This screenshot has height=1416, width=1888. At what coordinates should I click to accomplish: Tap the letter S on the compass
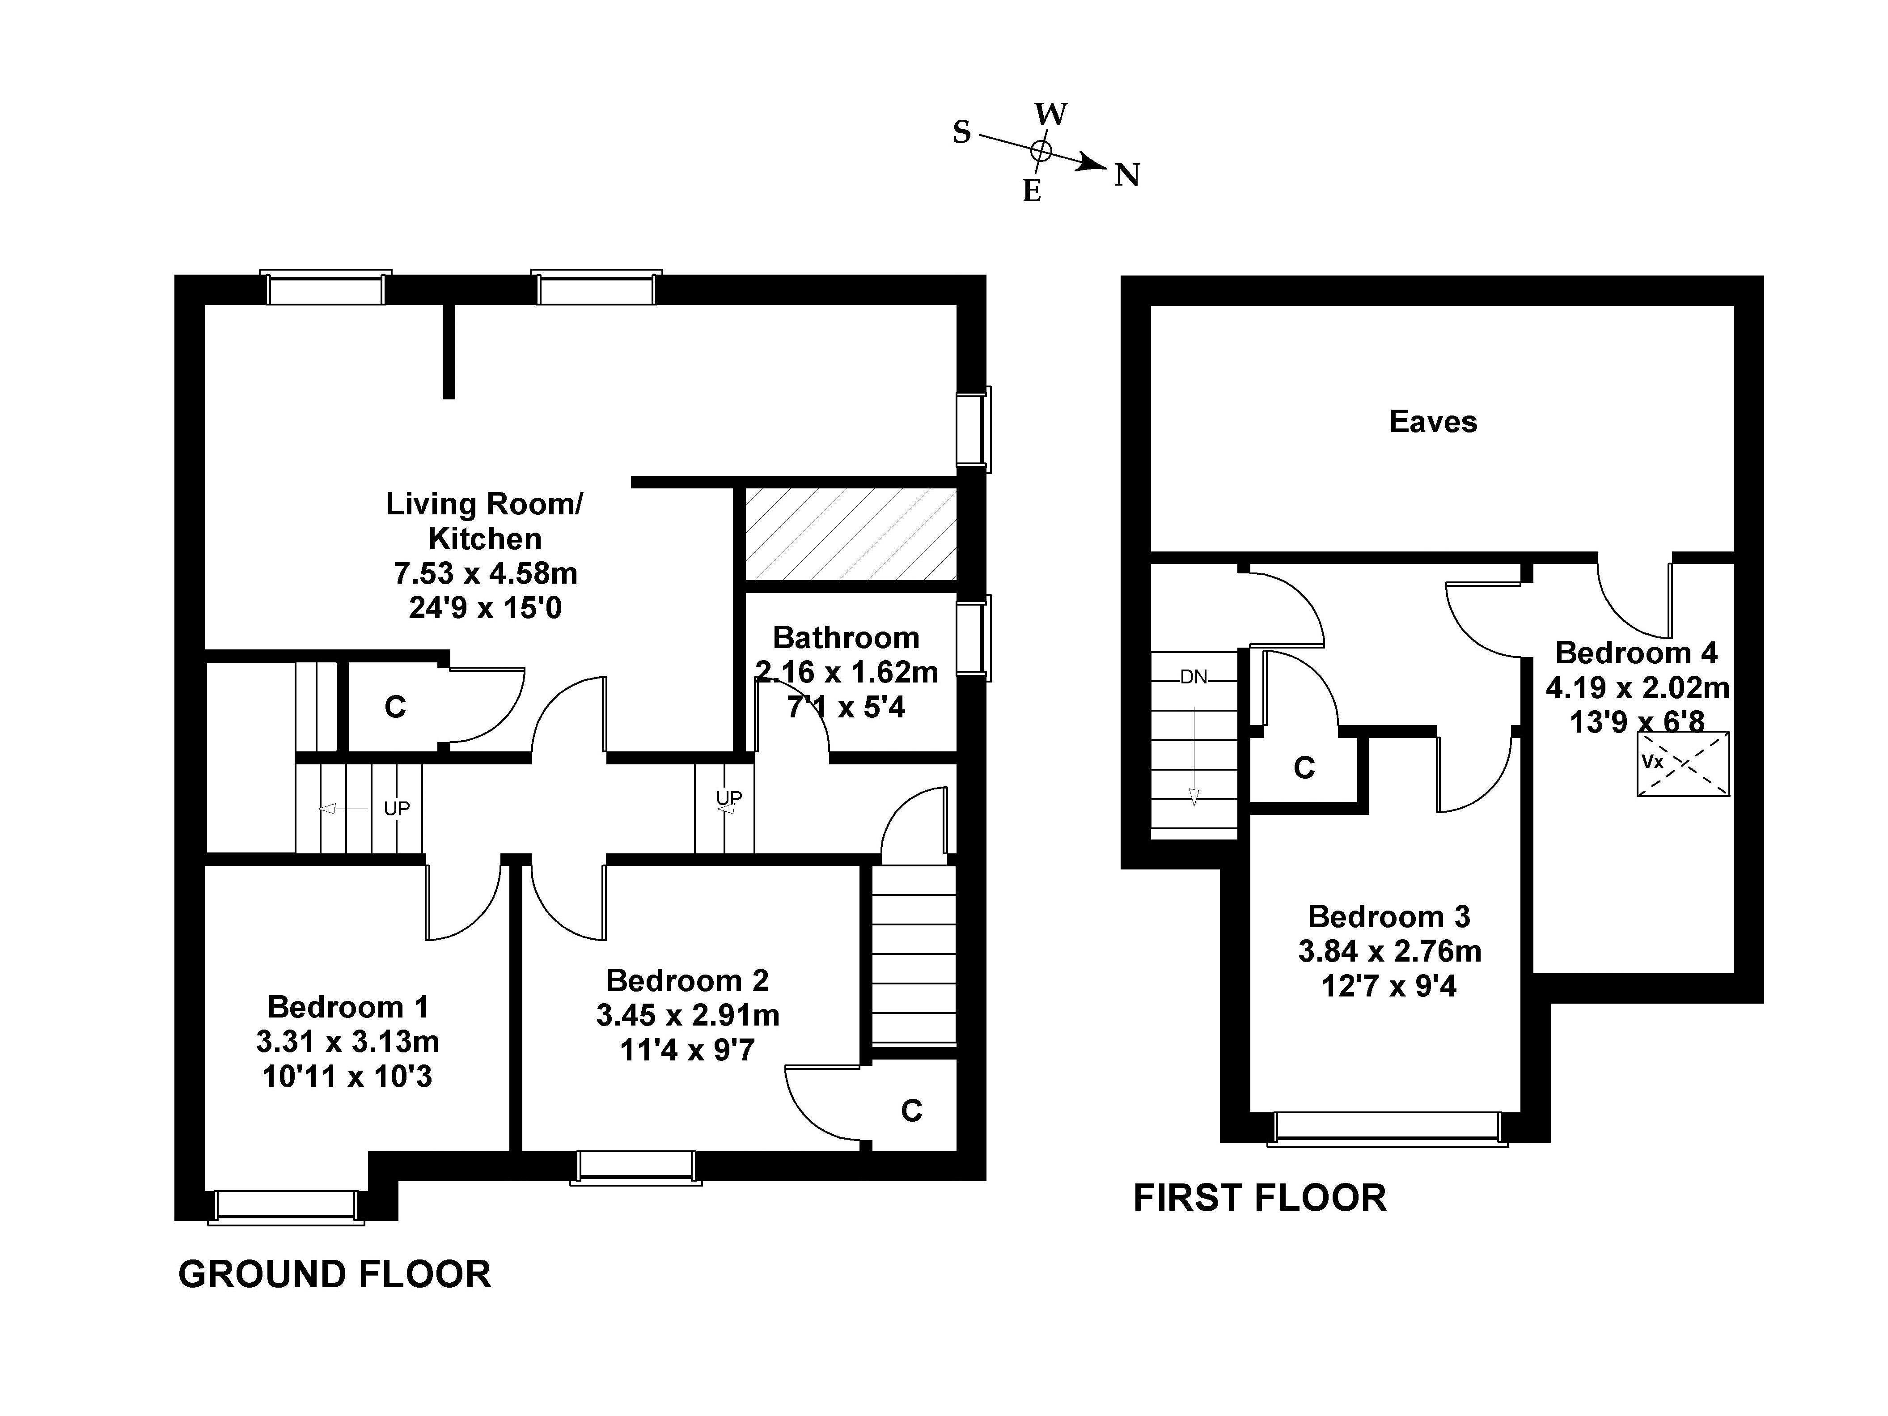point(962,132)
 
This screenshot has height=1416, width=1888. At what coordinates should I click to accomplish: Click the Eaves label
point(1433,422)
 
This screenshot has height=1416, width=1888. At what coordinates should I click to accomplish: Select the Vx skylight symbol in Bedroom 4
point(1683,764)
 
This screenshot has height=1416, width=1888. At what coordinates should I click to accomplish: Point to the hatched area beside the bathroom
point(851,534)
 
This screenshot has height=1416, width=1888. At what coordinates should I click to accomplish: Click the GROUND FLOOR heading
point(334,1274)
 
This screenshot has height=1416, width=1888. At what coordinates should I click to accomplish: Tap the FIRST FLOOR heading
point(1260,1198)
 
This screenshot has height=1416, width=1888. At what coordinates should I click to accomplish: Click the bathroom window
point(973,638)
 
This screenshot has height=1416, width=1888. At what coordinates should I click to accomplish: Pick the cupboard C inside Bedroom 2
point(911,1111)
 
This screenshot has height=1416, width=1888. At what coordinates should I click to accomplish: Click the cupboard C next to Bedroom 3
point(1304,768)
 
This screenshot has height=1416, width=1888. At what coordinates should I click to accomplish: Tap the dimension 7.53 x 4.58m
point(486,573)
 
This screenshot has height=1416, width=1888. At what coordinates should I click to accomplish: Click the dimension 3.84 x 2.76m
point(1389,951)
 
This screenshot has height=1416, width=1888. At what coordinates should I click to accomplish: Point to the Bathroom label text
point(846,638)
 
